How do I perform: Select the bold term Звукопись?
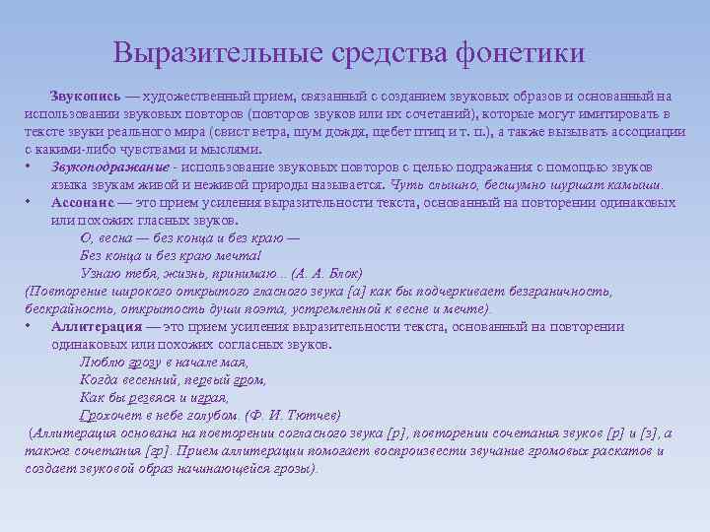coord(87,97)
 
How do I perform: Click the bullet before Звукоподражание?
coord(31,167)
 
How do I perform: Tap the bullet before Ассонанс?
coord(31,203)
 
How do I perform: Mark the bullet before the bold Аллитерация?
coord(31,327)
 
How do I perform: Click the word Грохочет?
coord(109,416)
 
